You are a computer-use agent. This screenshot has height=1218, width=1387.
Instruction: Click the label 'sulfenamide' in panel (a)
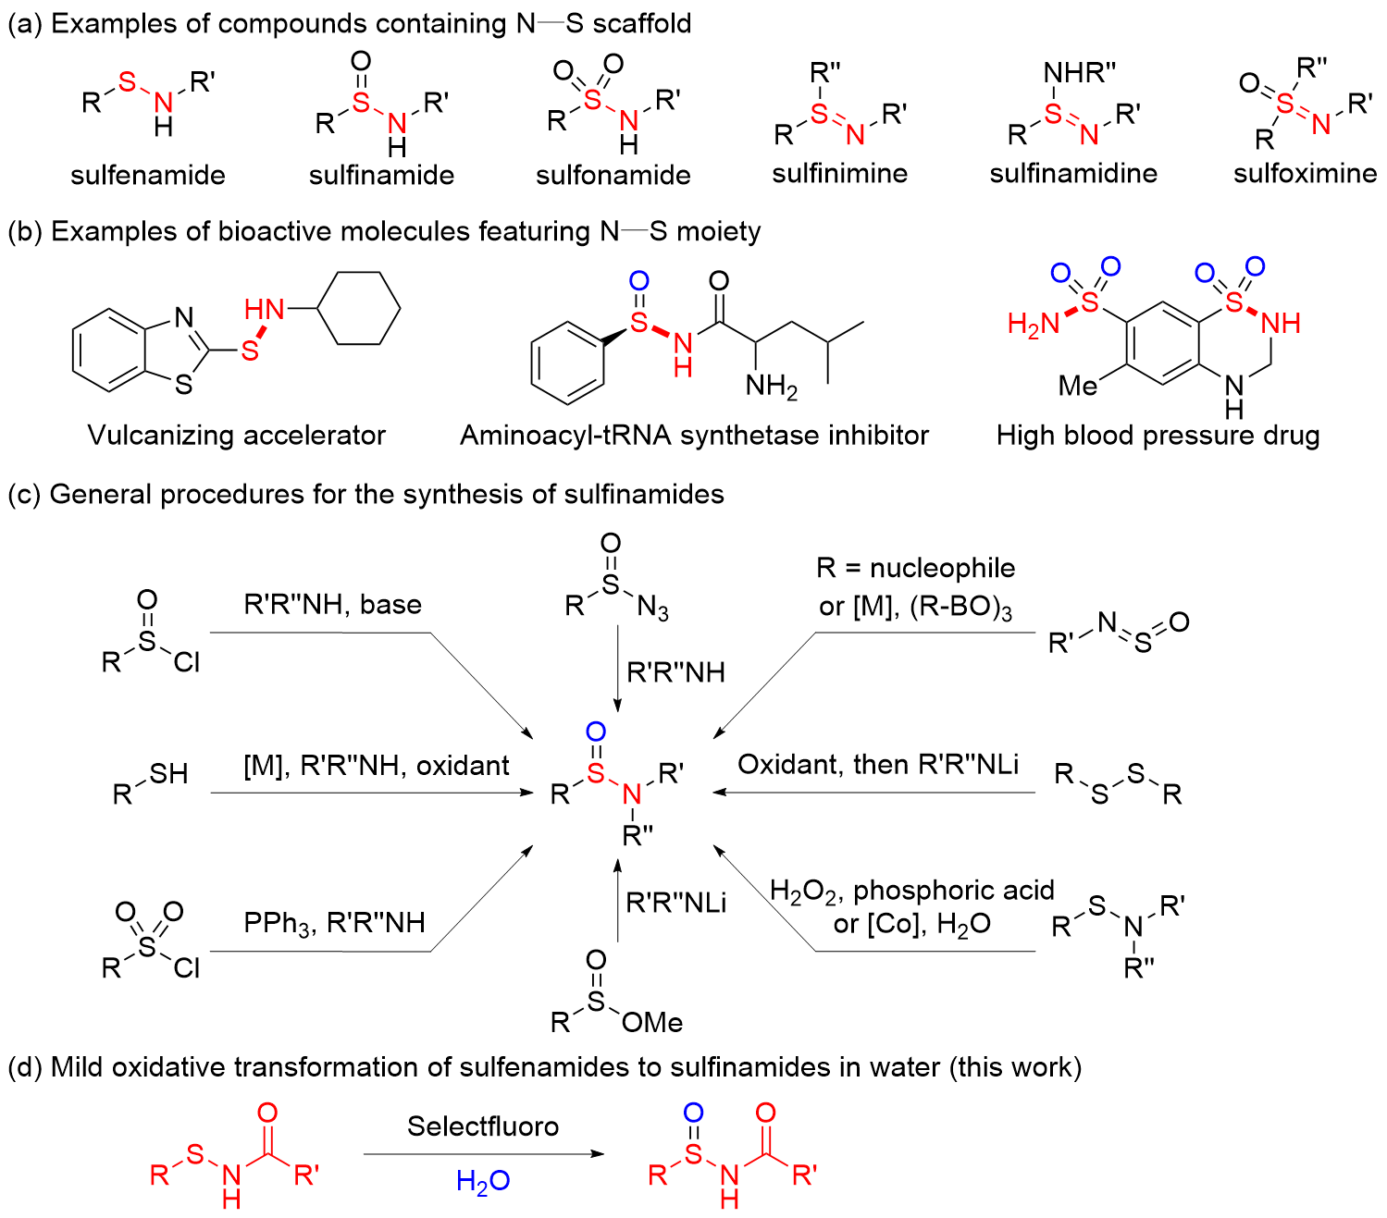(x=148, y=175)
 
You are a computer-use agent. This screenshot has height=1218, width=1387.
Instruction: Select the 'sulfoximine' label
(x=1305, y=173)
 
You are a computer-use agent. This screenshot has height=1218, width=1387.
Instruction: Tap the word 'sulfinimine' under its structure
(x=839, y=173)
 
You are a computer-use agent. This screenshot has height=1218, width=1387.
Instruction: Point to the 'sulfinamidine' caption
(x=1072, y=173)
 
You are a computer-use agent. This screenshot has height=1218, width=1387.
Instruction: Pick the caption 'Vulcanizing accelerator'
(x=236, y=436)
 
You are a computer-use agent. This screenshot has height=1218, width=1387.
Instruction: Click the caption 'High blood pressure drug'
(x=1158, y=436)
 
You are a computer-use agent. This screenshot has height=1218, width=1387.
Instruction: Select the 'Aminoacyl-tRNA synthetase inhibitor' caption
(x=694, y=436)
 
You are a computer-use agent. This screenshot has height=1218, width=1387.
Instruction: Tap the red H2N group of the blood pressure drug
(x=1033, y=324)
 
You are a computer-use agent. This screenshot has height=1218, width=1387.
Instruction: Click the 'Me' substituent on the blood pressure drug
(x=1078, y=386)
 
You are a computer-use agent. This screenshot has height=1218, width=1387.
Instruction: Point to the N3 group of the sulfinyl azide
(x=653, y=607)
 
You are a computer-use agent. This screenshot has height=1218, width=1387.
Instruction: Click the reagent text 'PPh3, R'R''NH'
(x=334, y=923)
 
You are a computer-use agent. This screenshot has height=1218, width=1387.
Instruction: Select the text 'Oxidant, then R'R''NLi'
(x=878, y=764)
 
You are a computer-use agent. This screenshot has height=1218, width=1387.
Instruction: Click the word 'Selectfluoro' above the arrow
(x=483, y=1126)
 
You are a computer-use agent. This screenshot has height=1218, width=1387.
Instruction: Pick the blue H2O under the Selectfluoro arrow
(x=483, y=1181)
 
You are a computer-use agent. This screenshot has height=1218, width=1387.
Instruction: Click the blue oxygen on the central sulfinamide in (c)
(x=596, y=732)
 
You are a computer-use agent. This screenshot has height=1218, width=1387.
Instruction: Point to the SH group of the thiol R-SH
(x=168, y=774)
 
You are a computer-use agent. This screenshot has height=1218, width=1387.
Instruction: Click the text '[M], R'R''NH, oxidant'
(x=377, y=766)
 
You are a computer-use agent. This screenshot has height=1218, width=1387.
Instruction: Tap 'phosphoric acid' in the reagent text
(x=954, y=891)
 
